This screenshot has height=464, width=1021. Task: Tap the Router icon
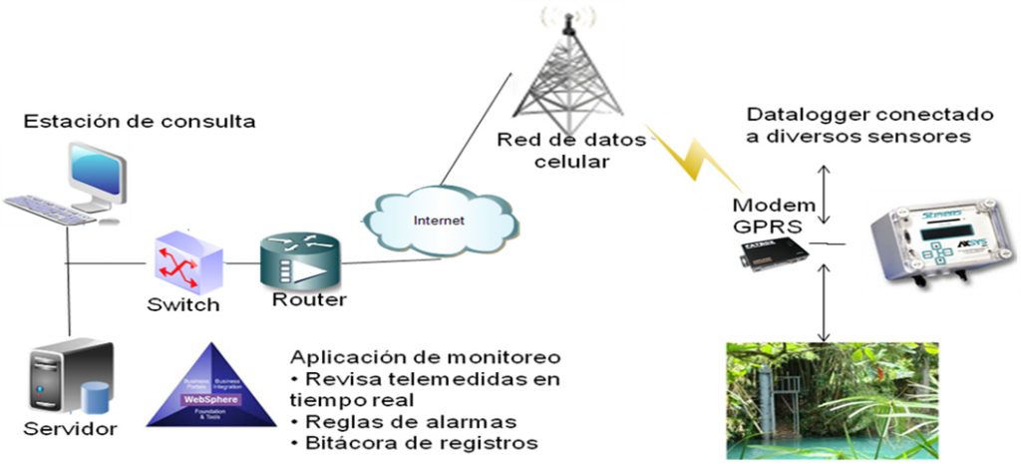(295, 262)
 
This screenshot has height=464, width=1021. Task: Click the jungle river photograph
(833, 399)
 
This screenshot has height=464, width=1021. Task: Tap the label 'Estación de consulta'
(140, 123)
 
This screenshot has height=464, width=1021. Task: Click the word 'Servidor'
(71, 431)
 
